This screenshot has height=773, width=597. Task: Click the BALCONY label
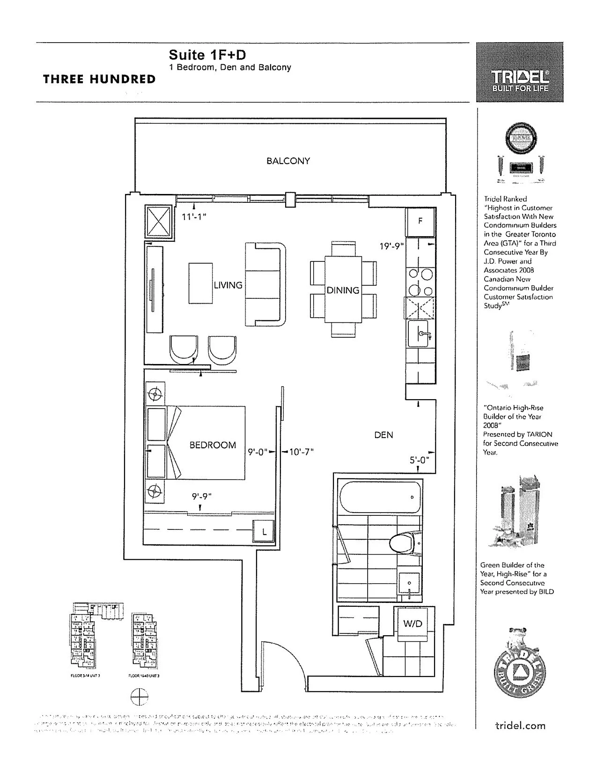point(288,161)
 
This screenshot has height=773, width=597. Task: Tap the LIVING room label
point(228,285)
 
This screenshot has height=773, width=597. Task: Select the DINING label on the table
point(343,290)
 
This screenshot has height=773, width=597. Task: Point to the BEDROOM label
point(213,445)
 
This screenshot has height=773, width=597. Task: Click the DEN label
point(383,435)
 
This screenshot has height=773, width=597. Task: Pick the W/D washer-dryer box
point(413,624)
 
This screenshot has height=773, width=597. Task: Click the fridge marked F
point(420,221)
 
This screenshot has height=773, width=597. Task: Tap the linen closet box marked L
point(264,532)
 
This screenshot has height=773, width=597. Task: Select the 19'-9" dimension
point(391,246)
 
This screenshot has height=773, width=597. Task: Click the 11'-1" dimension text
point(194,217)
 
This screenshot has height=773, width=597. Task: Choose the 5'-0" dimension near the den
point(420,460)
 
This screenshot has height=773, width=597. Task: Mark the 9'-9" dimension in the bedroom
point(202,496)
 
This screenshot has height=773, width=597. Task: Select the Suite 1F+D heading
point(207,55)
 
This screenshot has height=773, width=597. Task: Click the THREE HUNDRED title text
point(99,79)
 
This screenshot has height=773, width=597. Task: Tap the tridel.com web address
point(520,726)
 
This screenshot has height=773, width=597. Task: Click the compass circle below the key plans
point(139,696)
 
